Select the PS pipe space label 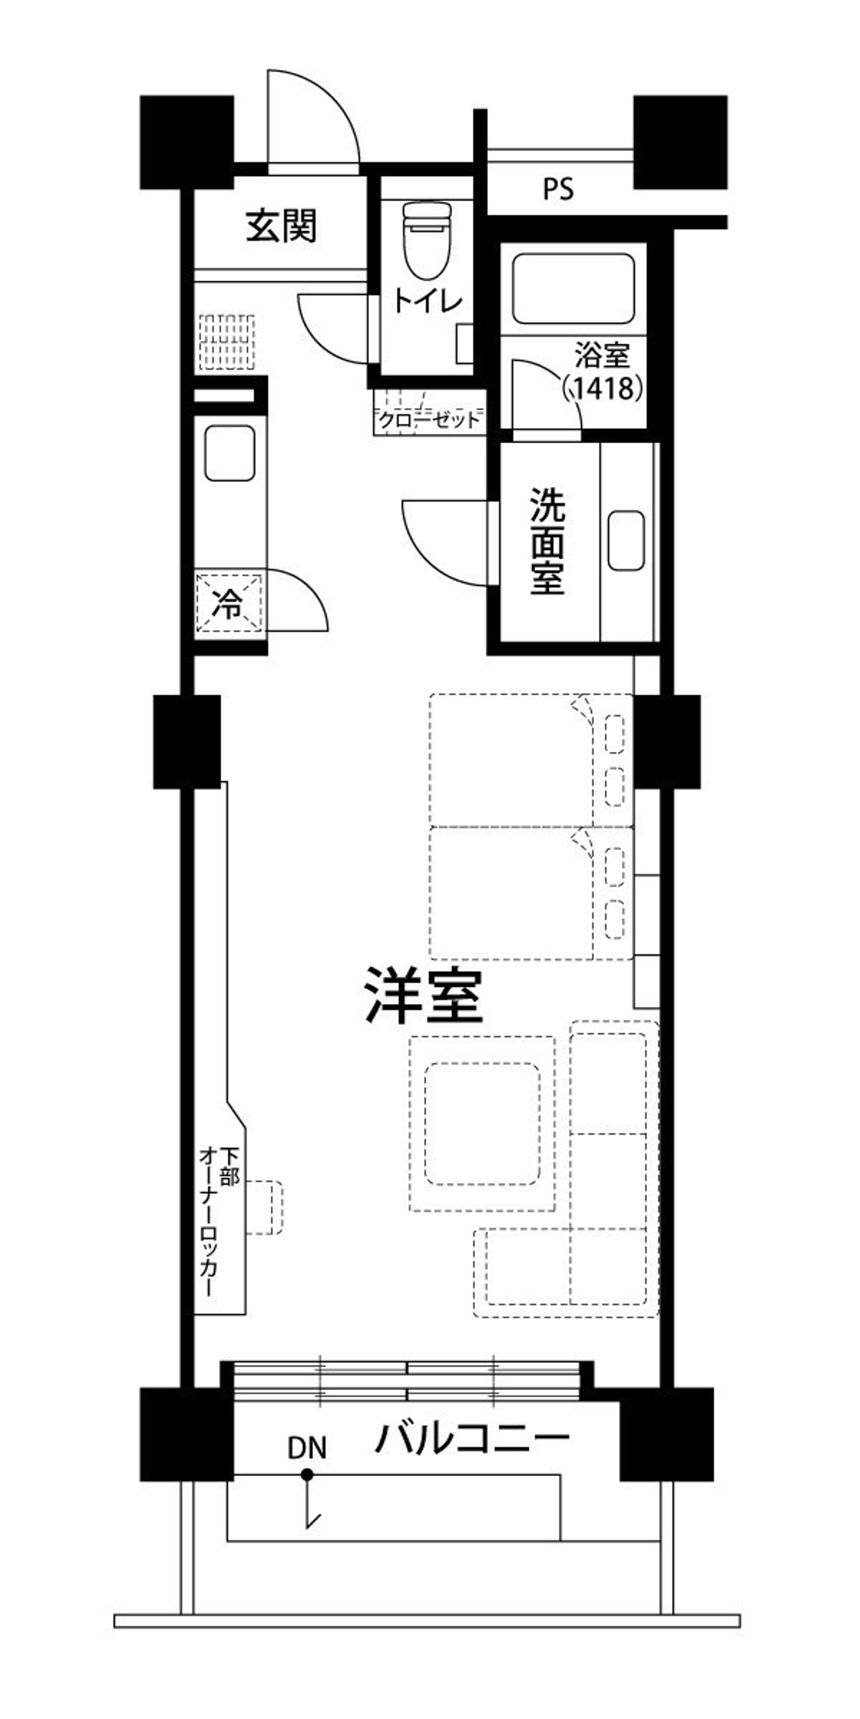coord(558,190)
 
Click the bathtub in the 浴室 coord(573,287)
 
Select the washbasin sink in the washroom coord(626,540)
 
